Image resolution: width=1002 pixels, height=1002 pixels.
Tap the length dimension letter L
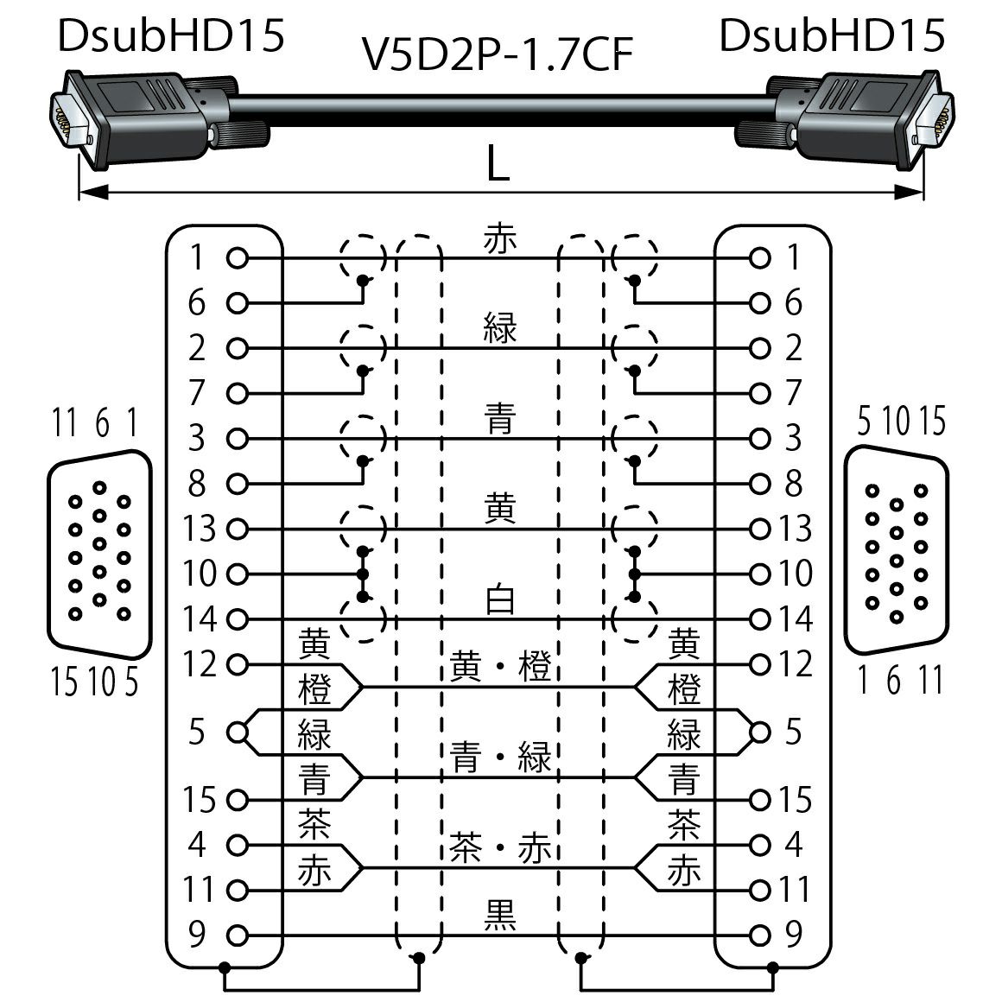(x=498, y=163)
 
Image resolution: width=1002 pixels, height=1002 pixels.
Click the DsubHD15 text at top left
(x=170, y=36)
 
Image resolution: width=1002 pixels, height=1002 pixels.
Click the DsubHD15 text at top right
(x=831, y=36)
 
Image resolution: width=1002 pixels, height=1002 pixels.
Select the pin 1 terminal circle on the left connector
(x=238, y=257)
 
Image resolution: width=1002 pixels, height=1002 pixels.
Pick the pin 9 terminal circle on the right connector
(x=760, y=935)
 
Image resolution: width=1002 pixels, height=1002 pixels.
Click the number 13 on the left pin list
(x=200, y=528)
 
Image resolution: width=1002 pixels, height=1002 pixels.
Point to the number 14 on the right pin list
(x=794, y=618)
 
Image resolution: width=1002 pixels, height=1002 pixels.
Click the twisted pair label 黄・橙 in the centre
(x=500, y=668)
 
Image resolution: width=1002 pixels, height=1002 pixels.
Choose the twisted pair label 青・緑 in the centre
(x=500, y=758)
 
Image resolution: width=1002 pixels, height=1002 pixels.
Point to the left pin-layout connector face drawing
(x=98, y=550)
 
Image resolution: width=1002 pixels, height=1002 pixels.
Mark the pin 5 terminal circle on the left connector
(x=238, y=732)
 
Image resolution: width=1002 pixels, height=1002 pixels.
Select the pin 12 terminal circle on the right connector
(x=760, y=664)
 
